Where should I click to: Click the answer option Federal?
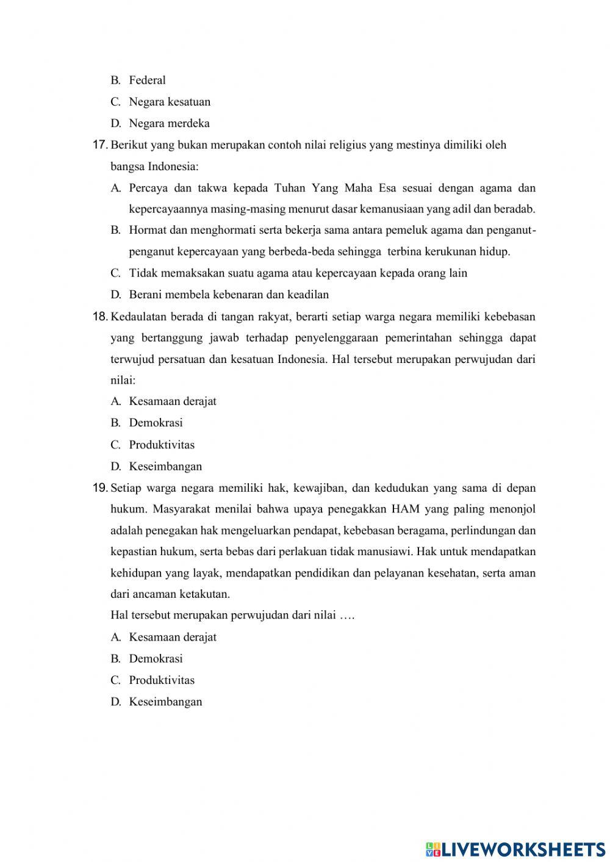point(147,80)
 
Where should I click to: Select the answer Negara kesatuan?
point(169,102)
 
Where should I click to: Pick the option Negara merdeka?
point(169,123)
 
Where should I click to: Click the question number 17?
point(100,145)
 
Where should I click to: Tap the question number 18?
point(100,317)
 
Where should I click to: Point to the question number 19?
point(100,488)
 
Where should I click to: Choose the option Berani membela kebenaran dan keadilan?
point(229,295)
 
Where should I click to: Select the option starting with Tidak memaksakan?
point(298,273)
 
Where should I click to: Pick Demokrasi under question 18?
point(156,423)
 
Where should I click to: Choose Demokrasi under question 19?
point(156,659)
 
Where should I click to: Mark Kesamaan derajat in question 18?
point(173,401)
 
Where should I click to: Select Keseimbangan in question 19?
point(165,702)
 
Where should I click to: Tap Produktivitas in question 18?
point(162,445)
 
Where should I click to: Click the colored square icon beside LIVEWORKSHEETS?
point(433,849)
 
